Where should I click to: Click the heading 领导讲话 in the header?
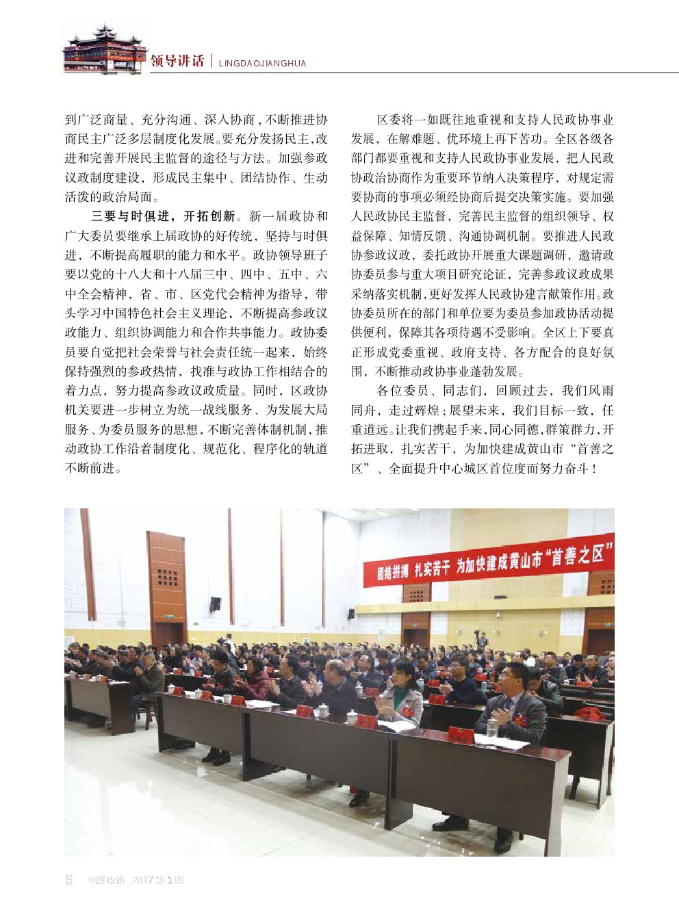pyautogui.click(x=177, y=62)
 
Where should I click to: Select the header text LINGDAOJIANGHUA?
pyautogui.click(x=262, y=64)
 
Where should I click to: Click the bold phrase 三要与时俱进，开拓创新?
pyautogui.click(x=163, y=216)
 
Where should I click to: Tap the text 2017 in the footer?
pyautogui.click(x=142, y=880)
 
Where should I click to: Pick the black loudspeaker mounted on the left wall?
pyautogui.click(x=215, y=605)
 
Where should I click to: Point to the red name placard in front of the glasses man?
pyautogui.click(x=461, y=736)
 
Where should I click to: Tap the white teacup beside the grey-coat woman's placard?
pyautogui.click(x=352, y=717)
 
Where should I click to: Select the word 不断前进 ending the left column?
pyautogui.click(x=93, y=469)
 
